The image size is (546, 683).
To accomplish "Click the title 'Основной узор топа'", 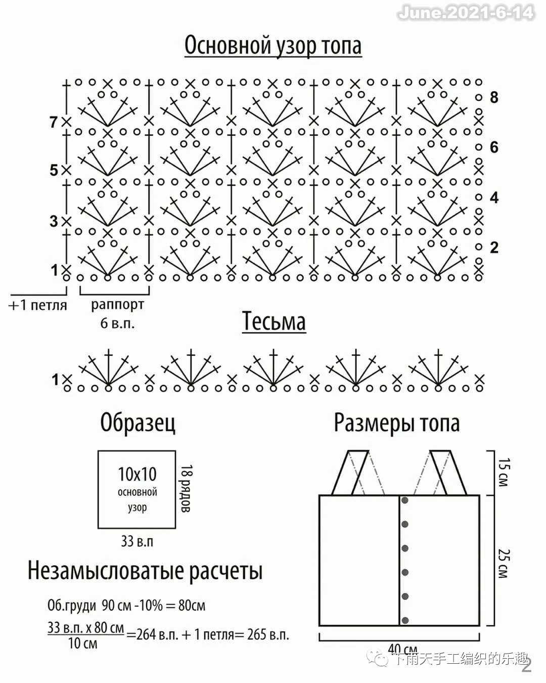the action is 273,46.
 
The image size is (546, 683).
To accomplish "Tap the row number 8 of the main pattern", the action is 494,97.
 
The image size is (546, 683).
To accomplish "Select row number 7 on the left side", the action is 54,122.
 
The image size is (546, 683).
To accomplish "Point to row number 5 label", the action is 54,170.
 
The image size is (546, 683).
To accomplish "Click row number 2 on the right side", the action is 494,247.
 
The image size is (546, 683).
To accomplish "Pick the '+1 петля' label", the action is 38,305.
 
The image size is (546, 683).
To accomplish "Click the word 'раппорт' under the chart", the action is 117,305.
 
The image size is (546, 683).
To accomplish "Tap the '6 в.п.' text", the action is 117,323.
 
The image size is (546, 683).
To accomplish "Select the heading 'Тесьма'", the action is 274,321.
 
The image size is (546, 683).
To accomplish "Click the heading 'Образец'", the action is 138,423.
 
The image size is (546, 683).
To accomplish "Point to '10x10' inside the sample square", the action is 137,474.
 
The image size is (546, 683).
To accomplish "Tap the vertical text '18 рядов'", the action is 186,489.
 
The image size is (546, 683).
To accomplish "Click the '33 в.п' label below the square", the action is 137,541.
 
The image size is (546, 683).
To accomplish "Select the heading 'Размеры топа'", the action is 396,423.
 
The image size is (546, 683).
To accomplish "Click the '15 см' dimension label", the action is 504,472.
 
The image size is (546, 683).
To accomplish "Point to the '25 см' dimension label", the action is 504,564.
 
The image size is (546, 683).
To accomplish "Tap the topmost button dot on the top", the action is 405,500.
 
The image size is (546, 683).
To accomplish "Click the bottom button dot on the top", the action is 405,620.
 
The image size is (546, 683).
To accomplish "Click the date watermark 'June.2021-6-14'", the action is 466,13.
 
